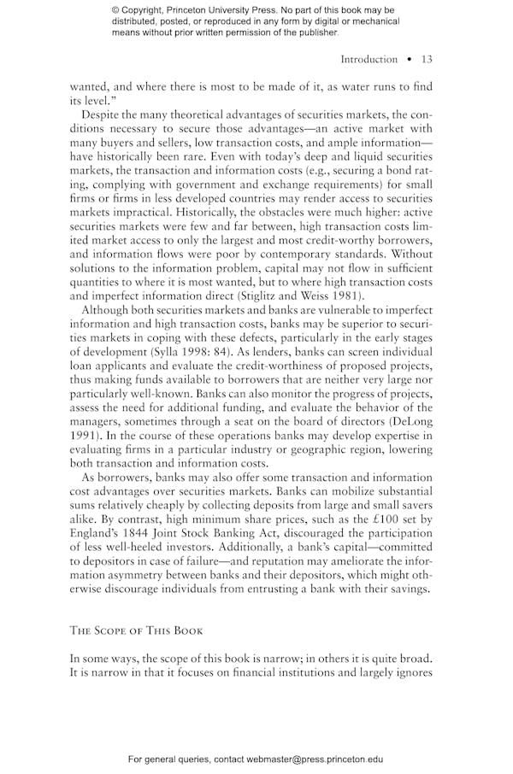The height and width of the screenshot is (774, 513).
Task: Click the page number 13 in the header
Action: (427, 59)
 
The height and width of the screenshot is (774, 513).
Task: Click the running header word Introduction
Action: (369, 59)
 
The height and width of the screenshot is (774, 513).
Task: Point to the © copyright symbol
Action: (115, 10)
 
